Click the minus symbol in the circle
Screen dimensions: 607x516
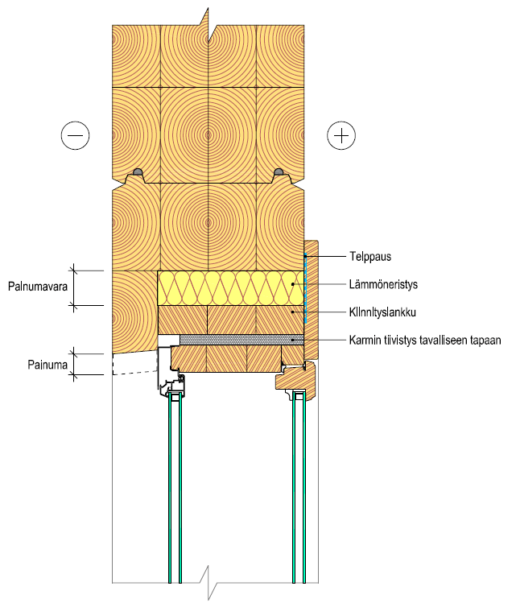75,136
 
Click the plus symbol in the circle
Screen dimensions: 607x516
341,136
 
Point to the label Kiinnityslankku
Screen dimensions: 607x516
387,312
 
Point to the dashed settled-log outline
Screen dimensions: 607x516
133,367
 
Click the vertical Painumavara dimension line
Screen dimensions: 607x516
74,287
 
